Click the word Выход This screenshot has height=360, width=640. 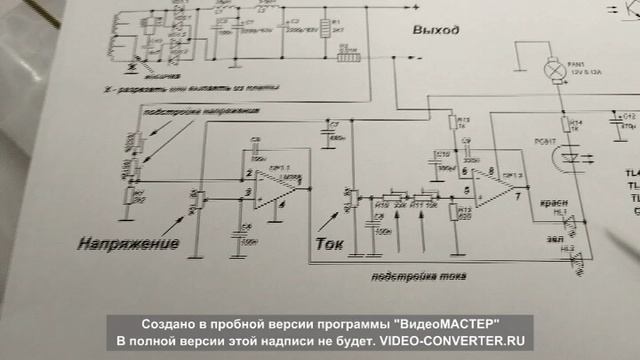(x=436, y=30)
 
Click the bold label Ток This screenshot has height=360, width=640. (x=329, y=243)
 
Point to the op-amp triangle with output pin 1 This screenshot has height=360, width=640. (x=271, y=186)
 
